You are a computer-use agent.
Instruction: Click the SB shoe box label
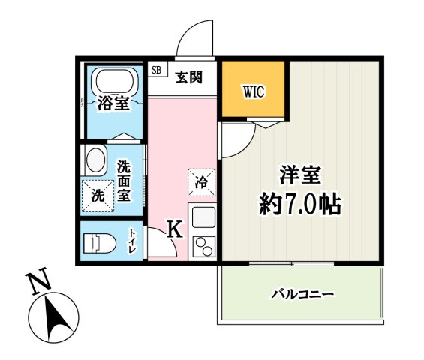(156, 70)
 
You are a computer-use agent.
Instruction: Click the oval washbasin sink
(95, 160)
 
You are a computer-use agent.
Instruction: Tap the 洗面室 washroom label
(125, 180)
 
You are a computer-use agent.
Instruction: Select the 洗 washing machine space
(98, 195)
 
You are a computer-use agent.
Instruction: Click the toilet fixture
(98, 243)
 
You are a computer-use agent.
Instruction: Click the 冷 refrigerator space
(201, 181)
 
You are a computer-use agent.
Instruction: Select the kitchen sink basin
(202, 217)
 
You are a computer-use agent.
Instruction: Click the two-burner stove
(202, 246)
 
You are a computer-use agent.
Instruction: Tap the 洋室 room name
(300, 175)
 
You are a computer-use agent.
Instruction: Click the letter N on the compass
(37, 283)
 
